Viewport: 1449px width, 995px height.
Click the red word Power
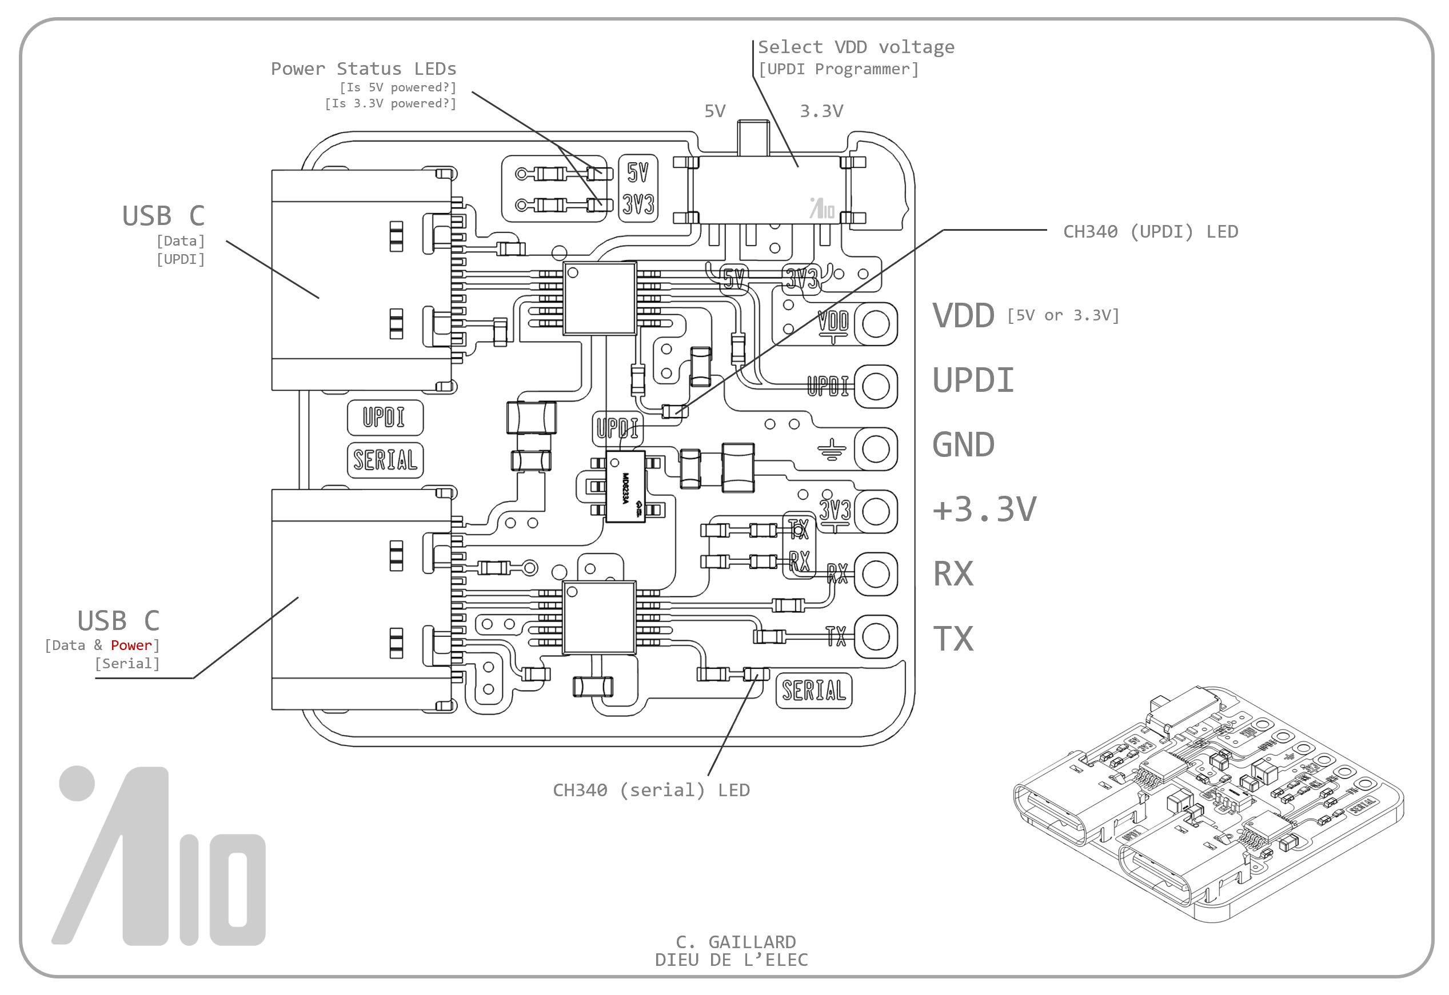point(131,645)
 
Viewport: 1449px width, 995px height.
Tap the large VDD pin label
point(963,315)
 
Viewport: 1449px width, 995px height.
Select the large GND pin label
point(963,445)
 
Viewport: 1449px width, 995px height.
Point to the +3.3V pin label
point(984,509)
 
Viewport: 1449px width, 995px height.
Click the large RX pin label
point(953,574)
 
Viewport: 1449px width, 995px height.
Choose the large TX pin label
point(953,639)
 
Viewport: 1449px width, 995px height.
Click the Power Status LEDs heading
point(363,69)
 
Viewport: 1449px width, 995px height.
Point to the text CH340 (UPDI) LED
point(1150,232)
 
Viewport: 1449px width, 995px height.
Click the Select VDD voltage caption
point(856,47)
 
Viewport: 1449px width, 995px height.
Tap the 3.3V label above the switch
point(821,111)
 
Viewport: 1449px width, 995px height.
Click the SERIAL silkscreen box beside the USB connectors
point(385,460)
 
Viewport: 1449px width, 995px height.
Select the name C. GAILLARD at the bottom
point(736,941)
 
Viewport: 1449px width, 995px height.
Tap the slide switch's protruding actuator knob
point(753,138)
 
